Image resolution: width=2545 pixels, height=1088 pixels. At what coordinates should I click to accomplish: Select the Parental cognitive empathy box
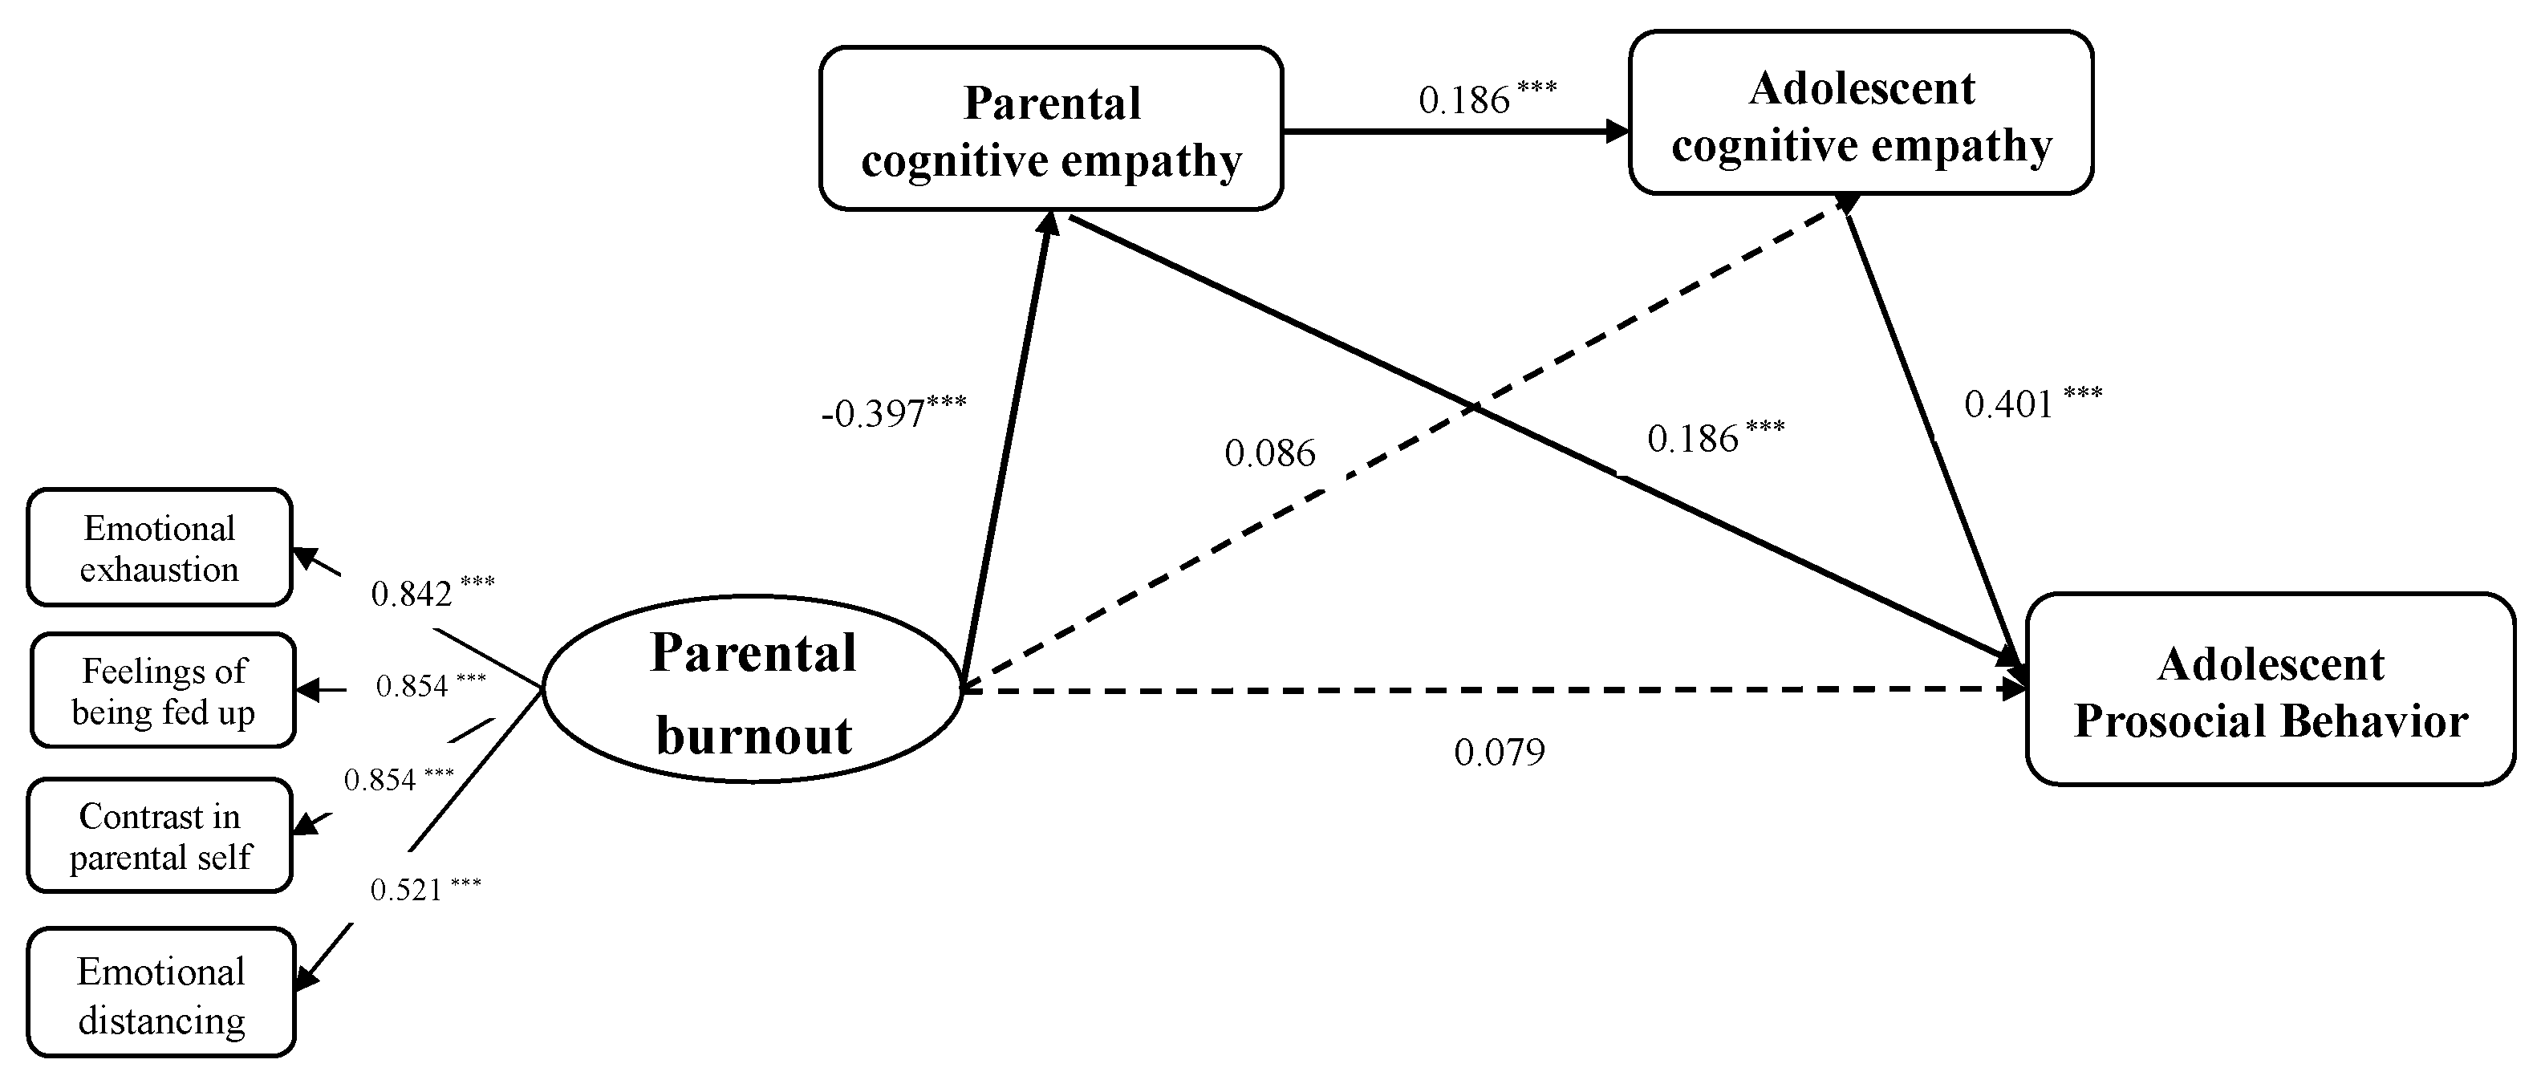point(1051,128)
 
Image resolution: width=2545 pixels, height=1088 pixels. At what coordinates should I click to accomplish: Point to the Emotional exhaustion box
point(160,547)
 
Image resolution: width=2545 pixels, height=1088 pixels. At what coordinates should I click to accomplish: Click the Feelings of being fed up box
point(163,691)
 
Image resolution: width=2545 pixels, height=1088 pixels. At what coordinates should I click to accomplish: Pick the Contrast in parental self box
point(160,836)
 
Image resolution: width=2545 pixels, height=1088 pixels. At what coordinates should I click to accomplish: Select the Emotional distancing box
point(161,993)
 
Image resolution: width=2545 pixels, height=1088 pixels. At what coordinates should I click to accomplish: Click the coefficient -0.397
point(874,413)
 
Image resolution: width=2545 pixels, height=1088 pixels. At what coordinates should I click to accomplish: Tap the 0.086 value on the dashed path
point(1269,453)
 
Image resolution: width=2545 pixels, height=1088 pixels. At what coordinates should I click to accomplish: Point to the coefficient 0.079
point(1499,753)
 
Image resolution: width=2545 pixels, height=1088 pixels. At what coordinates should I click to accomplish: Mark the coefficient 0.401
point(2008,405)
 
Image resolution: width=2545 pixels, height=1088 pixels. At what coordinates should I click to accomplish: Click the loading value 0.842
point(412,594)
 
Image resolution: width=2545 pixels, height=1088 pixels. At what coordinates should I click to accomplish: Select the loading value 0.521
point(406,891)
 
